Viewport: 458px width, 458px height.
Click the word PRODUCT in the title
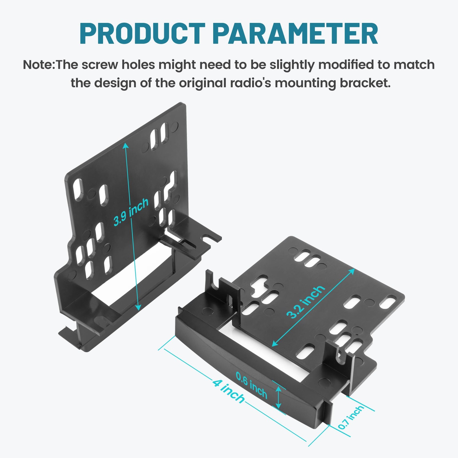[x=142, y=34]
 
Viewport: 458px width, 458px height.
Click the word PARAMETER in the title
[x=295, y=34]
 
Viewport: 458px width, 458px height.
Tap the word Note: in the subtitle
[x=39, y=65]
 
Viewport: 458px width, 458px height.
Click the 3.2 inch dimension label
[x=306, y=302]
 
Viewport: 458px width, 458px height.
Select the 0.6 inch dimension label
[x=252, y=385]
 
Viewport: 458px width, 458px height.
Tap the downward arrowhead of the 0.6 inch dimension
[x=278, y=406]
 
